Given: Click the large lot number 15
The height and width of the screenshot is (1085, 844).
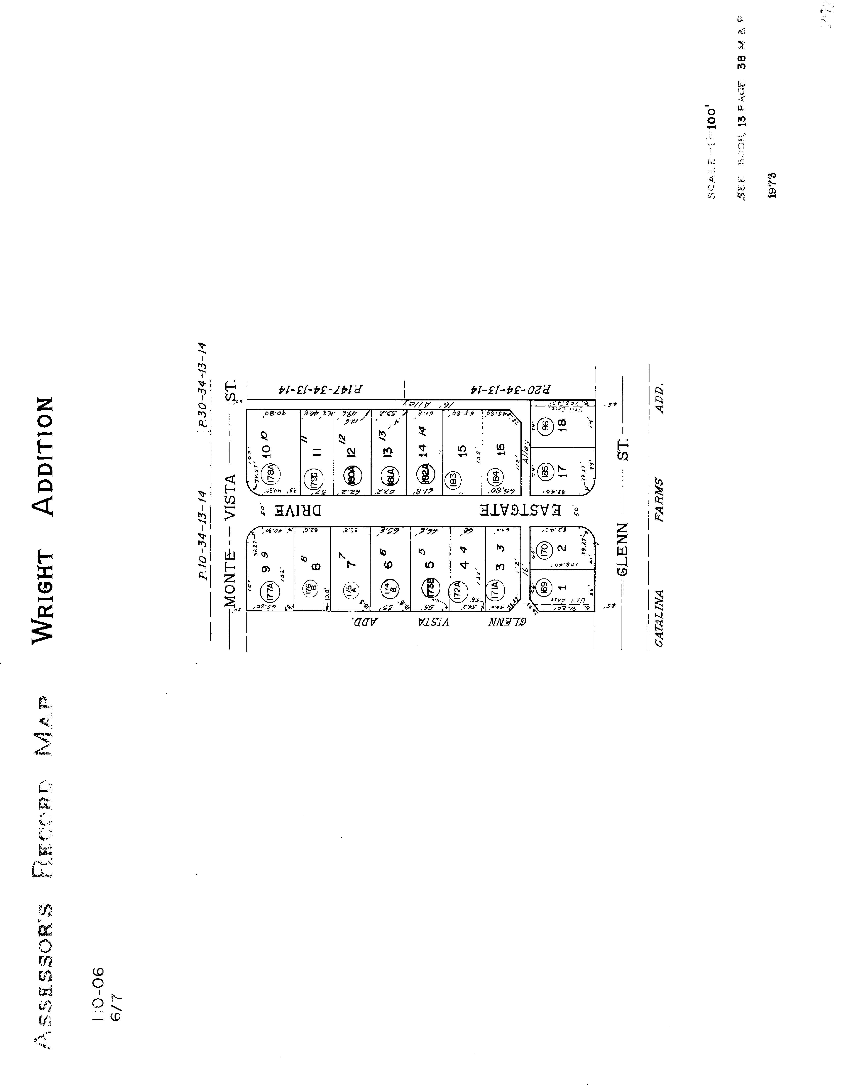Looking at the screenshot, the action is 462,451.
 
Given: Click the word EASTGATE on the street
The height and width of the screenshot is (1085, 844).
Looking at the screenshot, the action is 520,510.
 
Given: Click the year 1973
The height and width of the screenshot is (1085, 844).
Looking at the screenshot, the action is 771,185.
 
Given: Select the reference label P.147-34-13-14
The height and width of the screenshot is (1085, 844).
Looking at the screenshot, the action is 320,390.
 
